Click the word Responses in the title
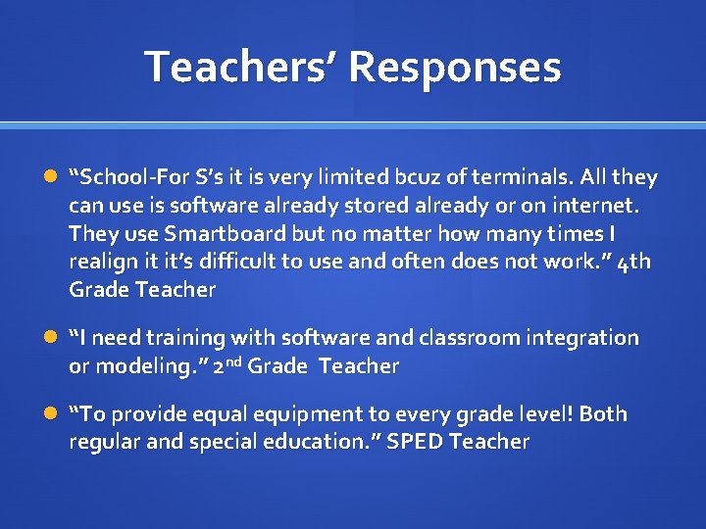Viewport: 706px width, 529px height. click(x=455, y=67)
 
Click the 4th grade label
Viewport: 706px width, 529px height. click(x=635, y=263)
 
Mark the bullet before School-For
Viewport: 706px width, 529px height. click(x=51, y=178)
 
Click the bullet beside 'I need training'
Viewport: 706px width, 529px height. click(x=51, y=338)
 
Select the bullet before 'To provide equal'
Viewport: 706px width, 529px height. click(x=51, y=414)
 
